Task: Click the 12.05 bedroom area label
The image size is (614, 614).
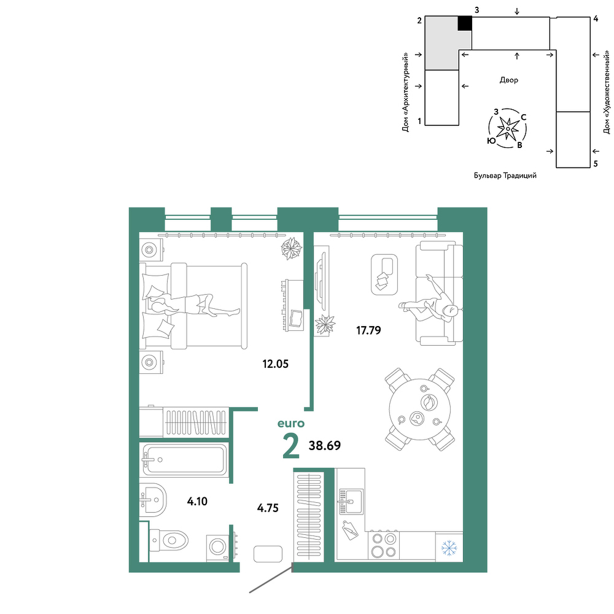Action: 275,363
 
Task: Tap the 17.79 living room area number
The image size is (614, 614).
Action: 368,330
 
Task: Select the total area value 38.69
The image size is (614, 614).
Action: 325,446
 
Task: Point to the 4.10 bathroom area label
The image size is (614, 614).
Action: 197,501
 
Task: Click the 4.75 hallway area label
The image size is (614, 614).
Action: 268,508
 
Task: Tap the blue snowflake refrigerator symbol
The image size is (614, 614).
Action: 449,548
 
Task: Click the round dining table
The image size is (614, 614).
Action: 420,409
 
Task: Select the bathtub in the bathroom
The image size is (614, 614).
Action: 183,460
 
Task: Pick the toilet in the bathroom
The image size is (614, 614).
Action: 168,541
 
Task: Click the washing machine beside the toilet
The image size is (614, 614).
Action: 218,546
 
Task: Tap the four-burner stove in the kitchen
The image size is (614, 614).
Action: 384,545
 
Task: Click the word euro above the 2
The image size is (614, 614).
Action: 291,423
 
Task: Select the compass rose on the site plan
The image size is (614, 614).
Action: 507,128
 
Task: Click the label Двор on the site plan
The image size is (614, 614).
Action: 508,80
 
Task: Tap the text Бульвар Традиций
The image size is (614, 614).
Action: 505,176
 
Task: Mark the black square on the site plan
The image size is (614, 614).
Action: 465,23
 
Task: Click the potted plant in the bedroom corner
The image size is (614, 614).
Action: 291,248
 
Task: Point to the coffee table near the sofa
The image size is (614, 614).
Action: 384,274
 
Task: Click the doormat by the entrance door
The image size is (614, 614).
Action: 268,554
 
